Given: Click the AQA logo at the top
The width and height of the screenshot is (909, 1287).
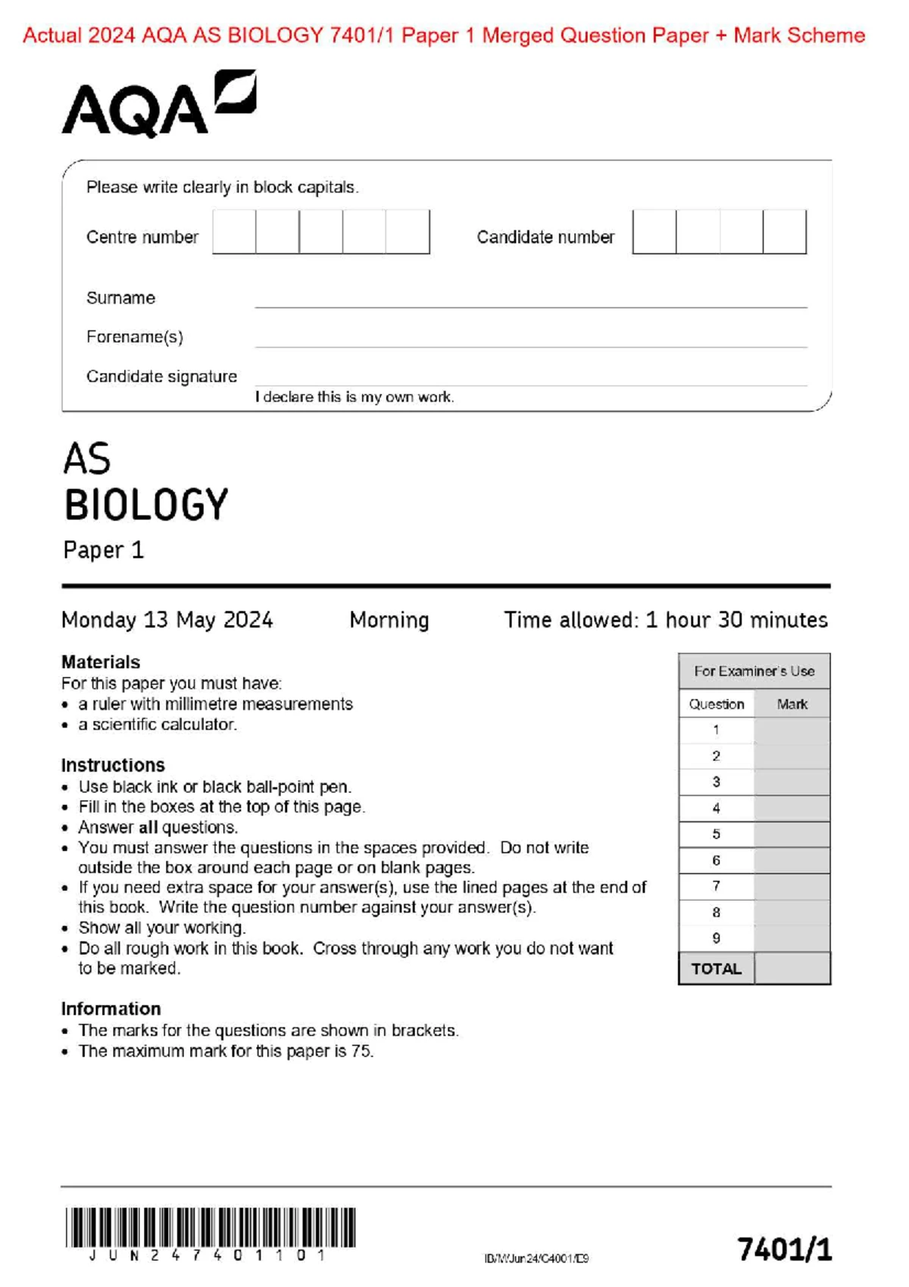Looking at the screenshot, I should click(158, 105).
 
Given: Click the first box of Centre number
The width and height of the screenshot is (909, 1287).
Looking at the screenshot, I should click(234, 232).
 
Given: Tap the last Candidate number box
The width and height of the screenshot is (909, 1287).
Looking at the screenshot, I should click(784, 232).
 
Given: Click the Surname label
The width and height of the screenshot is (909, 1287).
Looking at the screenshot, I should click(120, 298).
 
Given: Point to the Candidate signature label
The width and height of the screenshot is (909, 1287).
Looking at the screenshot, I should click(161, 377).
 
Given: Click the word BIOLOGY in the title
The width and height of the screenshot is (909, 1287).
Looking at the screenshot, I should click(146, 505).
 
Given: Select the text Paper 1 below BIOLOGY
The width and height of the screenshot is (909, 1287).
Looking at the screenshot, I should click(103, 550).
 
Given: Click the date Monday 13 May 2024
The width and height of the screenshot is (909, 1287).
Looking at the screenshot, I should click(167, 620).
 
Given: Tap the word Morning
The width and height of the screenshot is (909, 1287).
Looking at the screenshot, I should click(389, 620).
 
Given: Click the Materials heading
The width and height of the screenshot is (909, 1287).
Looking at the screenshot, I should click(101, 662).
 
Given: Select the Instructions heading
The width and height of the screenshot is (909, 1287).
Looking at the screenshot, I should click(113, 765).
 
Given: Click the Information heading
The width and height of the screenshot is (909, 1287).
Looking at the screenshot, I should click(111, 1009).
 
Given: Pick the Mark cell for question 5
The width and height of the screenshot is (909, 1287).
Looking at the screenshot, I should click(792, 835).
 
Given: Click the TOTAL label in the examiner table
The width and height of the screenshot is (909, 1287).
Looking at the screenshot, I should click(716, 969).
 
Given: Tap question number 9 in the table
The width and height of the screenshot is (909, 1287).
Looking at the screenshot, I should click(716, 938).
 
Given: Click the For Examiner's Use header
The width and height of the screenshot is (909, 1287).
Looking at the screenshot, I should click(754, 671).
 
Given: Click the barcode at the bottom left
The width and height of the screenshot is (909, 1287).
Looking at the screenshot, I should click(210, 1228).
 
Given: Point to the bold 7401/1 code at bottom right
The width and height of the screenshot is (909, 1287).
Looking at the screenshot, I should click(784, 1249).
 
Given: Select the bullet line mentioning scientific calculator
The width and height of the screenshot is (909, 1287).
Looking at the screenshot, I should click(157, 725).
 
